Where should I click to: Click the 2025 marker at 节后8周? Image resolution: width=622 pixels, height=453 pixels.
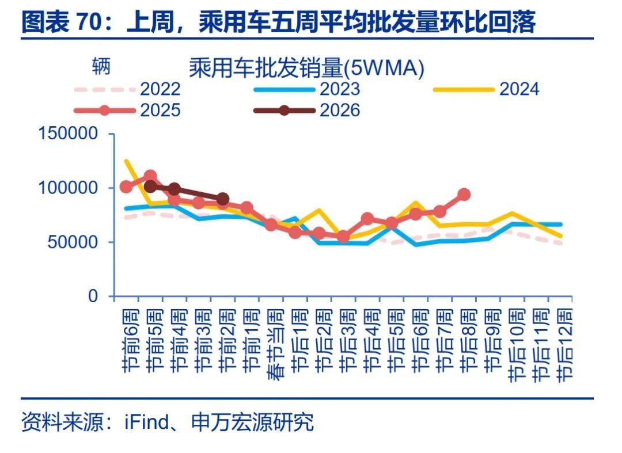464,195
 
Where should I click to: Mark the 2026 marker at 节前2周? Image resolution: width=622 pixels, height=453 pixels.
223,199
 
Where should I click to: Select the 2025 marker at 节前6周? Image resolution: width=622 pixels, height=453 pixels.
126,186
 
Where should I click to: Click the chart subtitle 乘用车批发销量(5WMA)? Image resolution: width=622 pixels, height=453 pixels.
306,68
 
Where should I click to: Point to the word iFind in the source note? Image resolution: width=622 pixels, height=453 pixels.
143,422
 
